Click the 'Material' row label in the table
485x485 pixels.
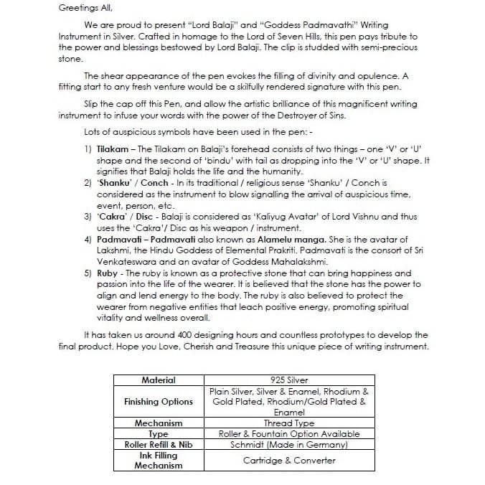click(x=158, y=380)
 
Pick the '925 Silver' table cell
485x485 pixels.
click(x=288, y=380)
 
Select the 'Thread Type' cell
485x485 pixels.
click(x=288, y=423)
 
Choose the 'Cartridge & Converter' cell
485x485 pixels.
click(x=288, y=460)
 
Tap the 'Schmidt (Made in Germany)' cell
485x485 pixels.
click(x=288, y=444)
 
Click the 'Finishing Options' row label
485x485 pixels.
click(x=158, y=402)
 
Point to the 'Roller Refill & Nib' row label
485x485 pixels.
click(x=158, y=444)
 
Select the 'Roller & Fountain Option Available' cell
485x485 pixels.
click(x=288, y=433)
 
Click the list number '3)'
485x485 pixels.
click(x=87, y=216)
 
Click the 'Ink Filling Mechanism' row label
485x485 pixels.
click(x=158, y=460)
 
